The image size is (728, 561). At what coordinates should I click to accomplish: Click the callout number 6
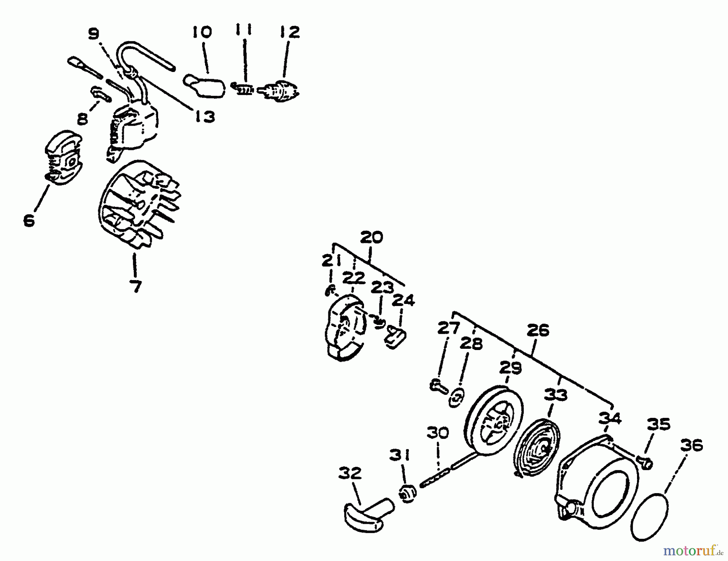pos(29,221)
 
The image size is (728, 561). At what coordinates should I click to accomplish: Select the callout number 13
pos(205,117)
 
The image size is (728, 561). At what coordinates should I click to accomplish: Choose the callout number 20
pos(371,237)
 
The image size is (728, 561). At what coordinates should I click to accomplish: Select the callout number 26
pos(538,331)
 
